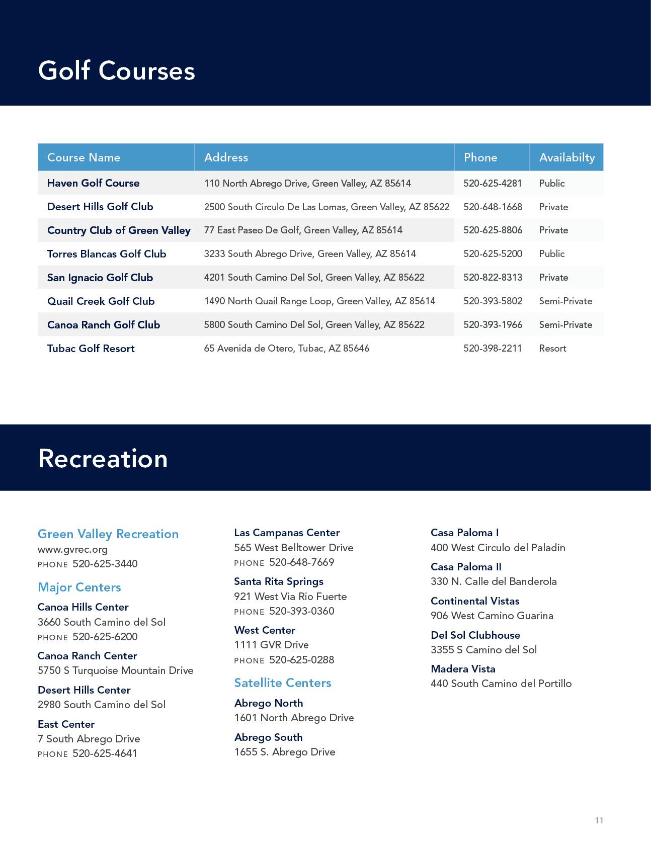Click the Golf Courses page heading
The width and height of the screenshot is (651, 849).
[x=116, y=70]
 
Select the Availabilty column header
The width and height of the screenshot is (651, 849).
[x=566, y=157]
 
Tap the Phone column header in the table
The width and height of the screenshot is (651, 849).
[x=480, y=157]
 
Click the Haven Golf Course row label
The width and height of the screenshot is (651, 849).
[x=93, y=183]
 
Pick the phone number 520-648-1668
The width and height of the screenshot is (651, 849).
[x=493, y=207]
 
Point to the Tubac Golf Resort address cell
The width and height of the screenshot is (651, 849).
[x=286, y=348]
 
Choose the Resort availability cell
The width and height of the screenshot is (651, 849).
[x=552, y=348]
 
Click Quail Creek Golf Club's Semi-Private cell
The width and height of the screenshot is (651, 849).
[x=565, y=301]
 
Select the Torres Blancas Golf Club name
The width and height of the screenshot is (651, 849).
[x=107, y=254]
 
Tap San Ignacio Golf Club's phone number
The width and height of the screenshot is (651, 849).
[x=493, y=277]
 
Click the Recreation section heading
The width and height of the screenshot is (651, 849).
[x=103, y=458]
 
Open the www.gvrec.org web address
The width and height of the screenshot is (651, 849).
[x=72, y=549]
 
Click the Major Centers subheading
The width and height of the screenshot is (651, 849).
[x=79, y=587]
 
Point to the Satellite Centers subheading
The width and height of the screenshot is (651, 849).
[x=282, y=683]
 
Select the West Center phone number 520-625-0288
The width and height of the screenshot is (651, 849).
[x=301, y=659]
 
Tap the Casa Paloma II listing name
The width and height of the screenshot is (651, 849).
[x=466, y=567]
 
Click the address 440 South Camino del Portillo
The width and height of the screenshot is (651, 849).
[x=501, y=683]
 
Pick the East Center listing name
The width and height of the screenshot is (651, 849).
[x=66, y=724]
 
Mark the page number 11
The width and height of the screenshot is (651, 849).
[x=599, y=820]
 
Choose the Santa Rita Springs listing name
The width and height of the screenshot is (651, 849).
[x=278, y=581]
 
